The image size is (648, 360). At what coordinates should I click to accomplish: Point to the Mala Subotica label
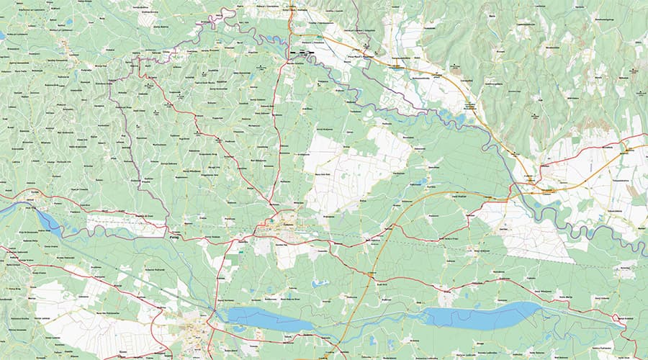(x=372, y=240)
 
